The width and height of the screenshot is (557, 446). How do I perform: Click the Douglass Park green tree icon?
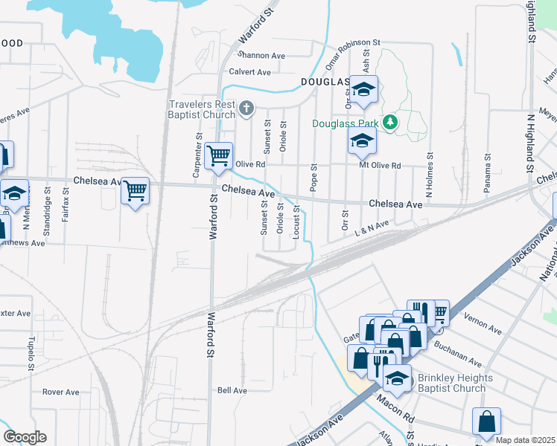[x=389, y=122]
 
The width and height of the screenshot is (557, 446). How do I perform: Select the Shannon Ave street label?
[x=261, y=55]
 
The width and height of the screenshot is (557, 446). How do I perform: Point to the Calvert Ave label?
[x=249, y=72]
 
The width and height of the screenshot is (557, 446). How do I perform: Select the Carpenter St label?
[x=198, y=155]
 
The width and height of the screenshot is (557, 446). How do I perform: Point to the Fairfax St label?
[x=66, y=207]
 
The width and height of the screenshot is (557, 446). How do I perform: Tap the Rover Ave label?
[x=60, y=392]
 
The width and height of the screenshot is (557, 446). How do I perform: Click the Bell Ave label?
[x=232, y=390]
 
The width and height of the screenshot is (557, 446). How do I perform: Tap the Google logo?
[x=25, y=436]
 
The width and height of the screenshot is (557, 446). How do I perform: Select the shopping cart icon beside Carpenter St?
[x=218, y=156]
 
